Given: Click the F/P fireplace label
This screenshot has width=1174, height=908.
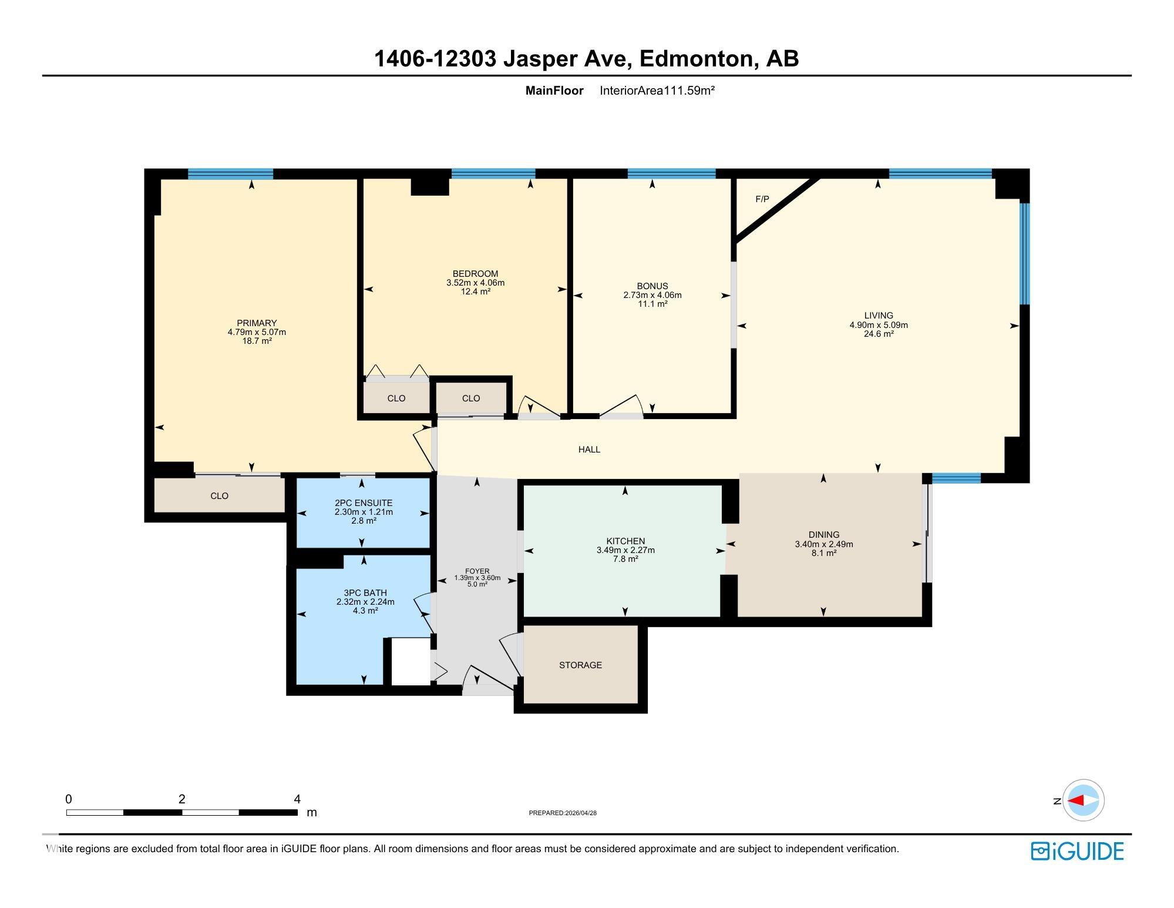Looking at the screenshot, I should (x=762, y=199).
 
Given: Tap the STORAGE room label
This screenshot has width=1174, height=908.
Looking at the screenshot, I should (x=580, y=665).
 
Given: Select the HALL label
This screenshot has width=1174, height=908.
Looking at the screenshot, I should (x=589, y=450).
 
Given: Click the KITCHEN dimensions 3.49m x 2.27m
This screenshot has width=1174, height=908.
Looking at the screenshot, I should (x=625, y=551).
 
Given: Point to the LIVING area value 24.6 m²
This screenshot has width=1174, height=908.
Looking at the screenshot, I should (x=879, y=334).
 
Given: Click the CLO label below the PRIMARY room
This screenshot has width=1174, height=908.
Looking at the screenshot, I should (x=219, y=496).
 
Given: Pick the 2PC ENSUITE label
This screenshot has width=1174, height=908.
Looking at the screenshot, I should (x=364, y=503).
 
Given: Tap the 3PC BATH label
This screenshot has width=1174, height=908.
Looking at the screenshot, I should (x=365, y=593).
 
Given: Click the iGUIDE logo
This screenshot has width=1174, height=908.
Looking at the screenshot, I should (x=1077, y=852).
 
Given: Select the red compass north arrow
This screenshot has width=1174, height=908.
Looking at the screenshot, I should (x=1076, y=800).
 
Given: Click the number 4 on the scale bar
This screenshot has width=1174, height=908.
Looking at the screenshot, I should (x=297, y=799).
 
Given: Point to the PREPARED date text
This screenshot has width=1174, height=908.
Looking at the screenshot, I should (x=563, y=813).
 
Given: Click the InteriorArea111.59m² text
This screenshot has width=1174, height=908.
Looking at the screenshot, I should (x=657, y=91).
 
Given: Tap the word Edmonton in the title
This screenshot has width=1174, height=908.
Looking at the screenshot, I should (x=696, y=59).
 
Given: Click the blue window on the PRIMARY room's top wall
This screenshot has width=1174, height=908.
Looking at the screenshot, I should (x=230, y=174).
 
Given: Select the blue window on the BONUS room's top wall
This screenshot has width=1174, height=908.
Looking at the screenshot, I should (x=671, y=173).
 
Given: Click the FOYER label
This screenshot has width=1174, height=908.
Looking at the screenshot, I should (x=477, y=571).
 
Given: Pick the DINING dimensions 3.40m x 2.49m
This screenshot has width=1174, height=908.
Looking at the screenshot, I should (x=823, y=544).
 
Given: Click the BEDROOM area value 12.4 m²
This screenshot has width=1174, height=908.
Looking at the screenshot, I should (x=475, y=292).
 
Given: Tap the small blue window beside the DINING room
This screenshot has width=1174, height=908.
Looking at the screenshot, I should (x=956, y=478).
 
